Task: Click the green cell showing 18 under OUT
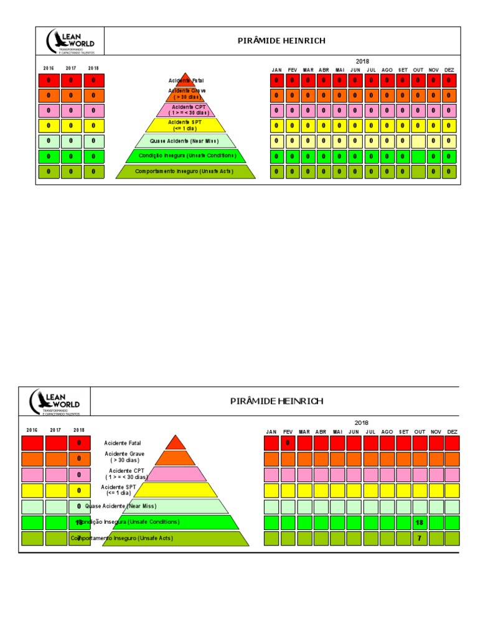click(419, 523)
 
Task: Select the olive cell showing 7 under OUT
click(419, 538)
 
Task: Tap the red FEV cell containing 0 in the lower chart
click(288, 443)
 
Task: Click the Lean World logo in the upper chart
click(70, 42)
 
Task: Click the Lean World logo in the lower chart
click(55, 402)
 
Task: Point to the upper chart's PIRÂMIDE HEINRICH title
click(281, 41)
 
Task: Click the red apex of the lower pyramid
click(176, 443)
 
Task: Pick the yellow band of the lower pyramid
click(176, 490)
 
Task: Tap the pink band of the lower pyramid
click(176, 474)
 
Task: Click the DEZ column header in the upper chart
click(449, 70)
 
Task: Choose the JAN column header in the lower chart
click(271, 432)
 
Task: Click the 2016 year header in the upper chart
click(49, 68)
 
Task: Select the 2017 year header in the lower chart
click(55, 430)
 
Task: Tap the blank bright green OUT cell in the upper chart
click(418, 156)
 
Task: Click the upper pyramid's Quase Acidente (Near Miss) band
click(185, 141)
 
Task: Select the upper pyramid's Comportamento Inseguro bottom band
click(185, 172)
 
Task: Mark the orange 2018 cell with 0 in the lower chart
click(79, 458)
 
